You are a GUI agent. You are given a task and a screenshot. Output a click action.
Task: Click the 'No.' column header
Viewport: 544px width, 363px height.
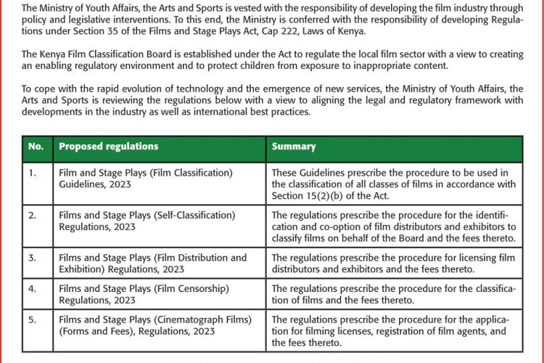tap(36, 147)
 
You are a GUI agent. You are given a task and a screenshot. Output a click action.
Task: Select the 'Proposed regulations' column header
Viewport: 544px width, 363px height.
tap(108, 147)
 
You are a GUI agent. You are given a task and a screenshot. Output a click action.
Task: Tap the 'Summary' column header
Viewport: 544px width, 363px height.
tap(294, 147)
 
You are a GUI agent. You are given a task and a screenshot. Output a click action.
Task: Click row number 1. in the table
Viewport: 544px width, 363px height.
tap(32, 174)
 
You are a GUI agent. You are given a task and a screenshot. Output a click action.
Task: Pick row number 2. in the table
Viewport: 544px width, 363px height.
tap(32, 216)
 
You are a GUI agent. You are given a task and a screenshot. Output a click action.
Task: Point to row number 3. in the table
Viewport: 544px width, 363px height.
tap(32, 258)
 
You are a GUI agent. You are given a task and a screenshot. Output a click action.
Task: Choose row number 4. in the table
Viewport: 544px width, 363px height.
tap(32, 289)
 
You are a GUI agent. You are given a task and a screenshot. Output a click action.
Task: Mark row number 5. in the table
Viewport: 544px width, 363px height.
tap(32, 320)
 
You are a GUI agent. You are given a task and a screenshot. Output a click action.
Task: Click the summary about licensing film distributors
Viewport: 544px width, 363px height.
tap(392, 264)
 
